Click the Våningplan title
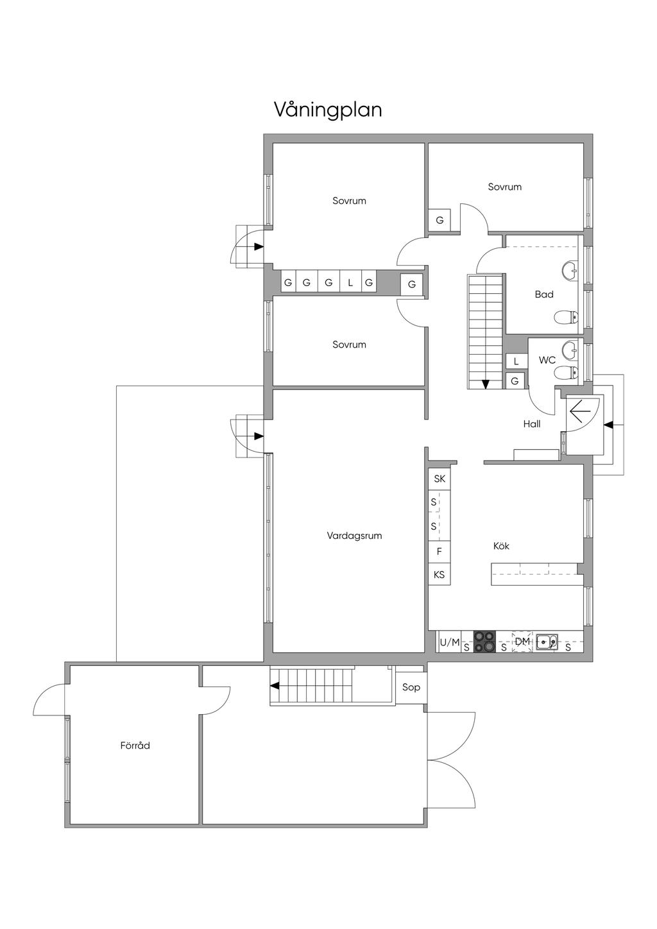click(x=328, y=110)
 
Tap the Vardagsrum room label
click(x=354, y=536)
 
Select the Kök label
click(x=501, y=546)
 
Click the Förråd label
click(x=135, y=746)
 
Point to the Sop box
click(x=411, y=687)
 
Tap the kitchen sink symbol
click(x=547, y=641)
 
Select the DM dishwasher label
click(x=522, y=642)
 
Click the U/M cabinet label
click(x=450, y=642)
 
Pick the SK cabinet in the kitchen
click(x=439, y=479)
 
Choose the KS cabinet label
click(x=439, y=574)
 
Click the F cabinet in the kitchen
click(x=439, y=552)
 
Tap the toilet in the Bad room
click(x=566, y=318)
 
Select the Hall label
click(x=532, y=424)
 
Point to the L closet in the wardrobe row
click(x=350, y=282)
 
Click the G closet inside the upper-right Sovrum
click(x=439, y=220)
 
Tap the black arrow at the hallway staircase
click(x=486, y=384)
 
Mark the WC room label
click(x=547, y=360)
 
